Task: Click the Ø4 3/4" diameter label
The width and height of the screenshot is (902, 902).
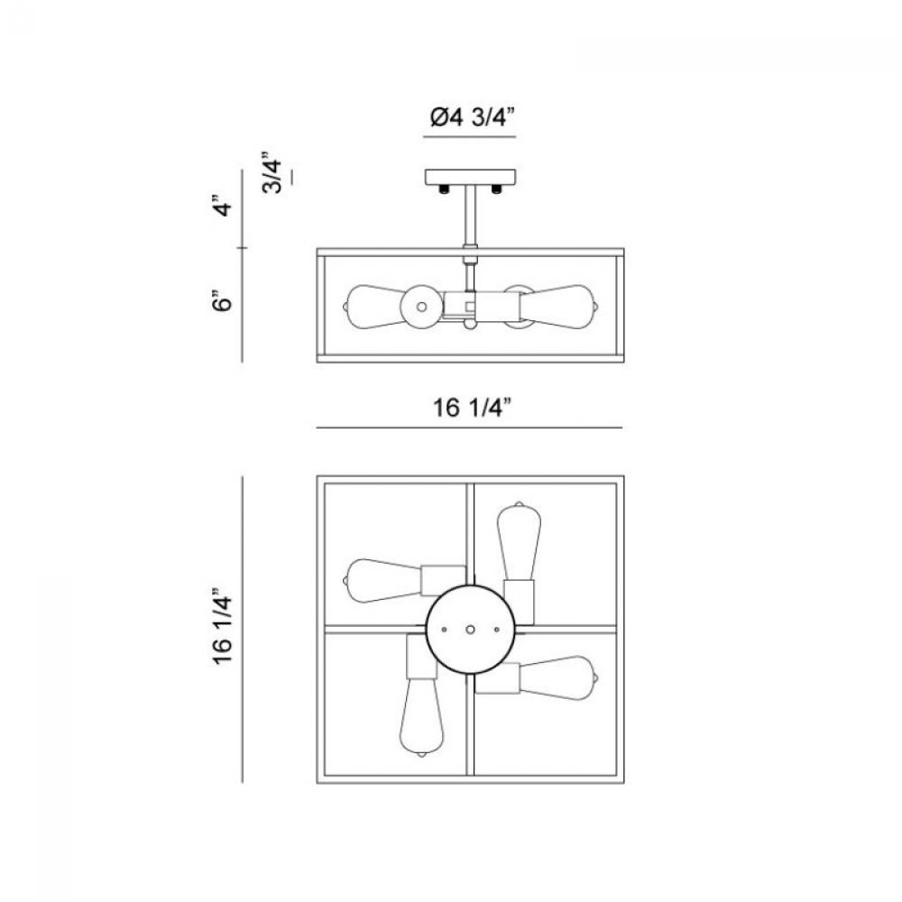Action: (x=472, y=117)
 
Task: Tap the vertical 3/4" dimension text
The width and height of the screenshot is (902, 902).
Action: (x=272, y=172)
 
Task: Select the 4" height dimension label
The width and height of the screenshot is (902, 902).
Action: (x=223, y=207)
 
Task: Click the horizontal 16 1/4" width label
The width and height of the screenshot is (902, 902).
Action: (x=472, y=408)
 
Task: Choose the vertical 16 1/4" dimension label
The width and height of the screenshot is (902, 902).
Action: (x=223, y=627)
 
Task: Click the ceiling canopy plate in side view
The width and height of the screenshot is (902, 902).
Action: (x=470, y=177)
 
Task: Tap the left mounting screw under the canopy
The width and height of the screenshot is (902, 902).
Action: (x=444, y=189)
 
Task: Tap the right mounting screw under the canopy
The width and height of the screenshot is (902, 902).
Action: (x=496, y=189)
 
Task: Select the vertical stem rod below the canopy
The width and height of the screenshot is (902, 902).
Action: (x=471, y=216)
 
